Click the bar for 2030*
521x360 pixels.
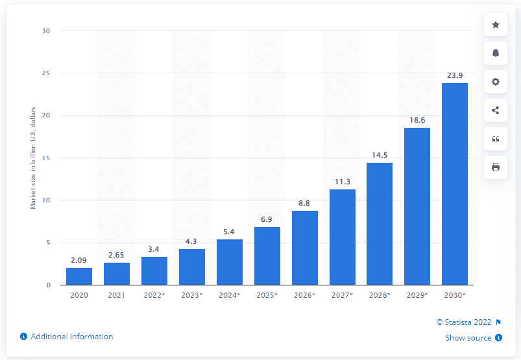click(x=454, y=184)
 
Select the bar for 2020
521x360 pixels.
click(x=79, y=276)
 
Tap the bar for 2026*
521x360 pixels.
click(x=304, y=248)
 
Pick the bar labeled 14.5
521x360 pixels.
click(x=380, y=224)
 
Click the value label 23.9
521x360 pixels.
click(x=454, y=75)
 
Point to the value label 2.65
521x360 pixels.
click(x=117, y=255)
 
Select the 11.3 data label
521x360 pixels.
click(x=342, y=182)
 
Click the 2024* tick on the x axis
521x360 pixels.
click(x=230, y=295)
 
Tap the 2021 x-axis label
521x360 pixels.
click(x=117, y=295)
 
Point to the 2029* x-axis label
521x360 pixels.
click(x=417, y=295)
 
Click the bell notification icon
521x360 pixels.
click(x=496, y=53)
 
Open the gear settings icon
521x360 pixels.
click(x=496, y=82)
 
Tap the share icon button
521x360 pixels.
click(x=496, y=110)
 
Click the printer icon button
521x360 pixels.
click(x=496, y=167)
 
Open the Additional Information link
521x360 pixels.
click(x=71, y=337)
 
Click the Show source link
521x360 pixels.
click(x=468, y=337)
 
